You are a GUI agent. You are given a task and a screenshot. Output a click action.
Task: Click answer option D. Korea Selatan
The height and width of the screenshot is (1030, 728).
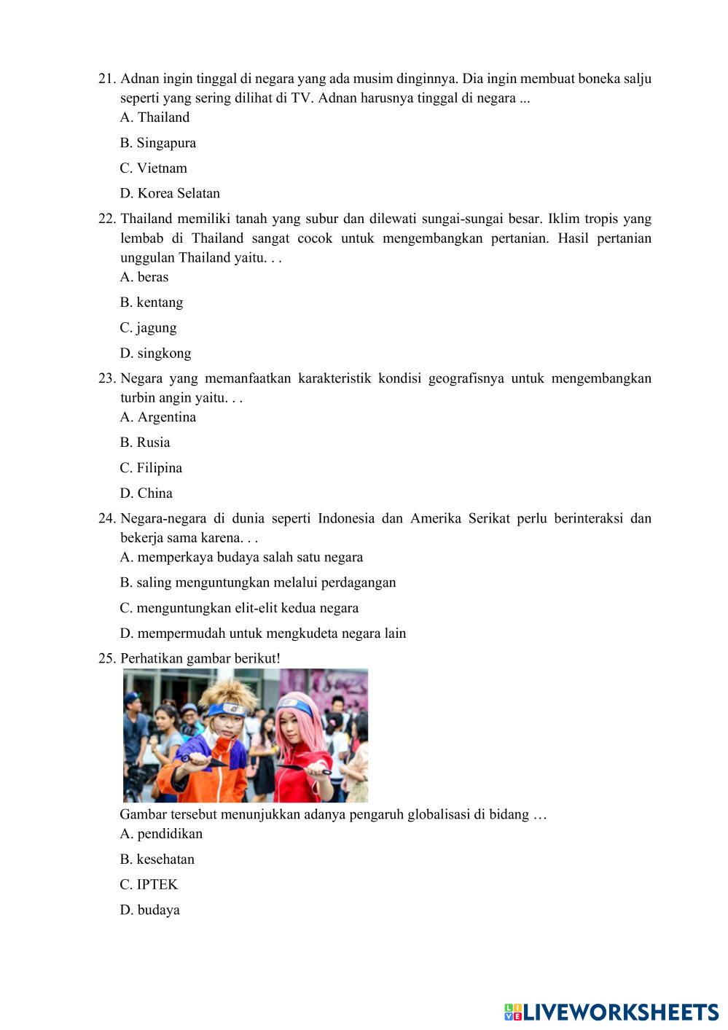pos(170,193)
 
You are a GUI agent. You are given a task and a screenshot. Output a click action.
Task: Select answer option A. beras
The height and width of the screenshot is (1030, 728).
pos(144,277)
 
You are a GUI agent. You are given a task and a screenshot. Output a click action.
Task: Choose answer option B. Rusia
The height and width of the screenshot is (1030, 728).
pos(145,442)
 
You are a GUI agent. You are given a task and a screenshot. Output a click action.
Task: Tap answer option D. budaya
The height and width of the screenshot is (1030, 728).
pos(149,910)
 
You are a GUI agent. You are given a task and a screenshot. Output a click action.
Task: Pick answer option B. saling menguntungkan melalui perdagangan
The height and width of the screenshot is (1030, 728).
pos(258,582)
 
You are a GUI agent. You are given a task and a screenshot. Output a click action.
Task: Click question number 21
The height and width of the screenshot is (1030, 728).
pos(107,79)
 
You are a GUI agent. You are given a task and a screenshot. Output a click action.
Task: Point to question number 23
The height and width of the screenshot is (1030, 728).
pos(107,378)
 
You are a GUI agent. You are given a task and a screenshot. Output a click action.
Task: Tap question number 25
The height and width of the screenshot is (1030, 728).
pos(107,658)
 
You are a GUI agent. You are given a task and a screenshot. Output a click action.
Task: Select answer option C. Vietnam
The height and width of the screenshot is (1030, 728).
pos(154,168)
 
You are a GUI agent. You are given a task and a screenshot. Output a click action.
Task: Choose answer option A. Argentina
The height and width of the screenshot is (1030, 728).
pos(158,417)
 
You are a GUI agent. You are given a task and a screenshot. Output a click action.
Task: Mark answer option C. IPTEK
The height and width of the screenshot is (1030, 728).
pos(149,884)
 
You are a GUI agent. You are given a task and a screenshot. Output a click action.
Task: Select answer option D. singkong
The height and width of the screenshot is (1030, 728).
pos(155,354)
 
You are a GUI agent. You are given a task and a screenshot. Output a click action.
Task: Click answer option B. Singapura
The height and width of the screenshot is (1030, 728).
pos(158,143)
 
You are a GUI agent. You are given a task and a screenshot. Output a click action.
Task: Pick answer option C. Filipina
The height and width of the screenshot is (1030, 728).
pos(151,468)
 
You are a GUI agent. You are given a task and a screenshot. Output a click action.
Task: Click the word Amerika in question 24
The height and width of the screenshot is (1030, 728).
pos(435,518)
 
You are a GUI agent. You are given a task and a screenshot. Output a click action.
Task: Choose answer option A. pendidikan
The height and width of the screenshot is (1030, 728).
pos(161,834)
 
